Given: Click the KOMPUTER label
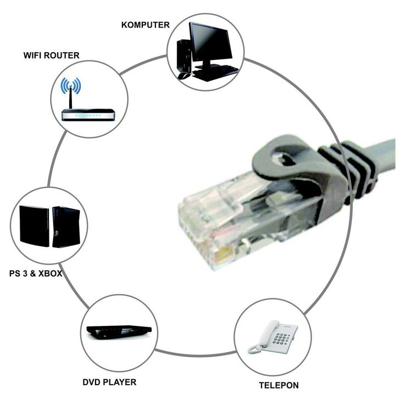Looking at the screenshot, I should point(145,25).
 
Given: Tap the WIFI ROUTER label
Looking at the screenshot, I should point(51,56).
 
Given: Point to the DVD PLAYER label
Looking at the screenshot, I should point(109,381).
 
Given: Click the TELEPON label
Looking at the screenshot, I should point(279,385).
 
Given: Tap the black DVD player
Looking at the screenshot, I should point(119,331).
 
